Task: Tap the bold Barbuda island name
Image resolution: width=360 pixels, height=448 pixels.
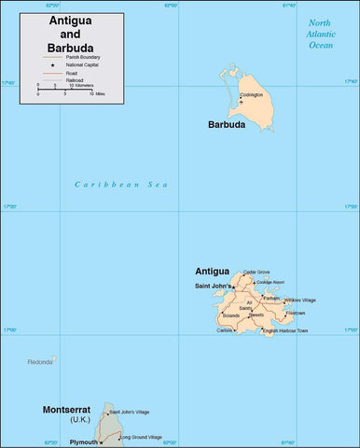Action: [227, 124]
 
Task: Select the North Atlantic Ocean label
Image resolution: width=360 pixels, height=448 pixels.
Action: [320, 33]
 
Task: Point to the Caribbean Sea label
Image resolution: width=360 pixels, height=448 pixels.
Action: [121, 185]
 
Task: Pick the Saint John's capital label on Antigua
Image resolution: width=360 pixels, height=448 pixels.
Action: [214, 285]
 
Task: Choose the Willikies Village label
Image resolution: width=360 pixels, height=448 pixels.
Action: [299, 300]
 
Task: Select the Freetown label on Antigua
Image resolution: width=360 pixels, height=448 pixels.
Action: [295, 313]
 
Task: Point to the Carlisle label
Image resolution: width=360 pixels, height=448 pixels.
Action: [225, 330]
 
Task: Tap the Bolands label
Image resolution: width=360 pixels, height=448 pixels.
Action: [230, 315]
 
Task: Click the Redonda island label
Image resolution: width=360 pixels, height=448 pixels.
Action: [40, 361]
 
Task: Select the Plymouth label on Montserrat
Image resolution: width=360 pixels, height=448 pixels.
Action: [81, 442]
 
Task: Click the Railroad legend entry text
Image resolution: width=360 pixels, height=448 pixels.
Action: [75, 80]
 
